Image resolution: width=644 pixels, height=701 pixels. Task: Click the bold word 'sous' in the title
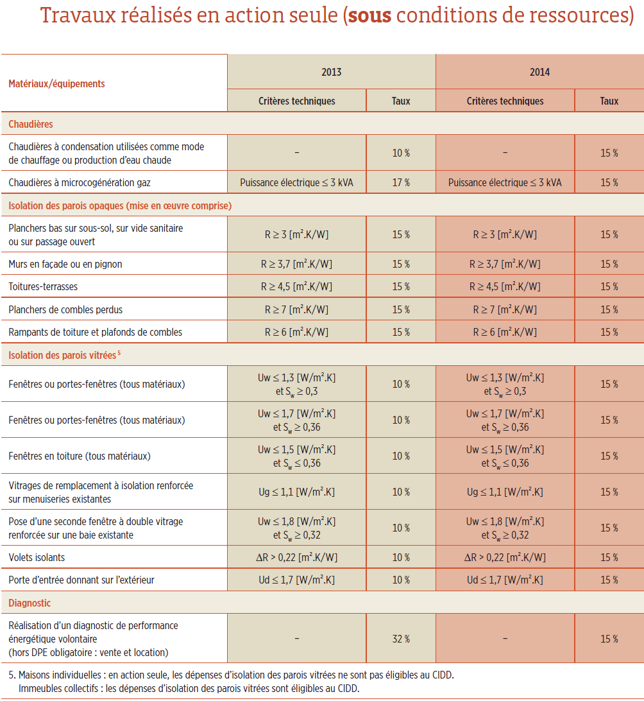coord(369,16)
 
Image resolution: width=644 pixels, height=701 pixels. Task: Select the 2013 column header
coord(332,72)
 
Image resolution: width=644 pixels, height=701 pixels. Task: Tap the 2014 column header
coord(539,72)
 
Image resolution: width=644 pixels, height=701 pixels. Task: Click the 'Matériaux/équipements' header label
coord(56,84)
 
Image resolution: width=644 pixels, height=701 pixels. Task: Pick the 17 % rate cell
coord(401,182)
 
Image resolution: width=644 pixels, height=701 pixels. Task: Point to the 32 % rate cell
coord(401,639)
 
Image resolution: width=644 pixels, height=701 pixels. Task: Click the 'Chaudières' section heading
coord(31,125)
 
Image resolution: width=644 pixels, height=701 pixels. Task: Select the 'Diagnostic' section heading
coord(30,603)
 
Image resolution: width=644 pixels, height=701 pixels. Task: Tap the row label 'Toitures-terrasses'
coord(43,286)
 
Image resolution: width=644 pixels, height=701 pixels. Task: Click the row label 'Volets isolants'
coord(37,557)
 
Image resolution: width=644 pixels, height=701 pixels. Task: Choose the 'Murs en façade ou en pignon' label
coord(65,264)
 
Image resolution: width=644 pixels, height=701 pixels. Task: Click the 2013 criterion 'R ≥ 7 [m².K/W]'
coord(296,309)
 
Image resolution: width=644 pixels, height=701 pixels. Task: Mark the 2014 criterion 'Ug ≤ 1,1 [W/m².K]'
coord(505,492)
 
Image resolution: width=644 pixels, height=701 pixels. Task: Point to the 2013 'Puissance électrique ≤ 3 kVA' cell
coord(296,182)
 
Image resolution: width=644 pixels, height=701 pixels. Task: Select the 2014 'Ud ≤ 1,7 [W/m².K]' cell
coord(505,580)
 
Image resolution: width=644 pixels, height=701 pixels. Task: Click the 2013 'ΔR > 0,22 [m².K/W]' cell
coord(296,557)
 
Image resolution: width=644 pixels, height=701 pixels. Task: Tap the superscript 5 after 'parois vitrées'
coord(119,353)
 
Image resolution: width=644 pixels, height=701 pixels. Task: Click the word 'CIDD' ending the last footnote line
coord(348,688)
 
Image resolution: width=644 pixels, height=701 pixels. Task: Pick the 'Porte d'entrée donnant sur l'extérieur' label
coord(81,580)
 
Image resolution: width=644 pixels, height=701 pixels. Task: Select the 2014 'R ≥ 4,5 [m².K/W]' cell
coord(505,286)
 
